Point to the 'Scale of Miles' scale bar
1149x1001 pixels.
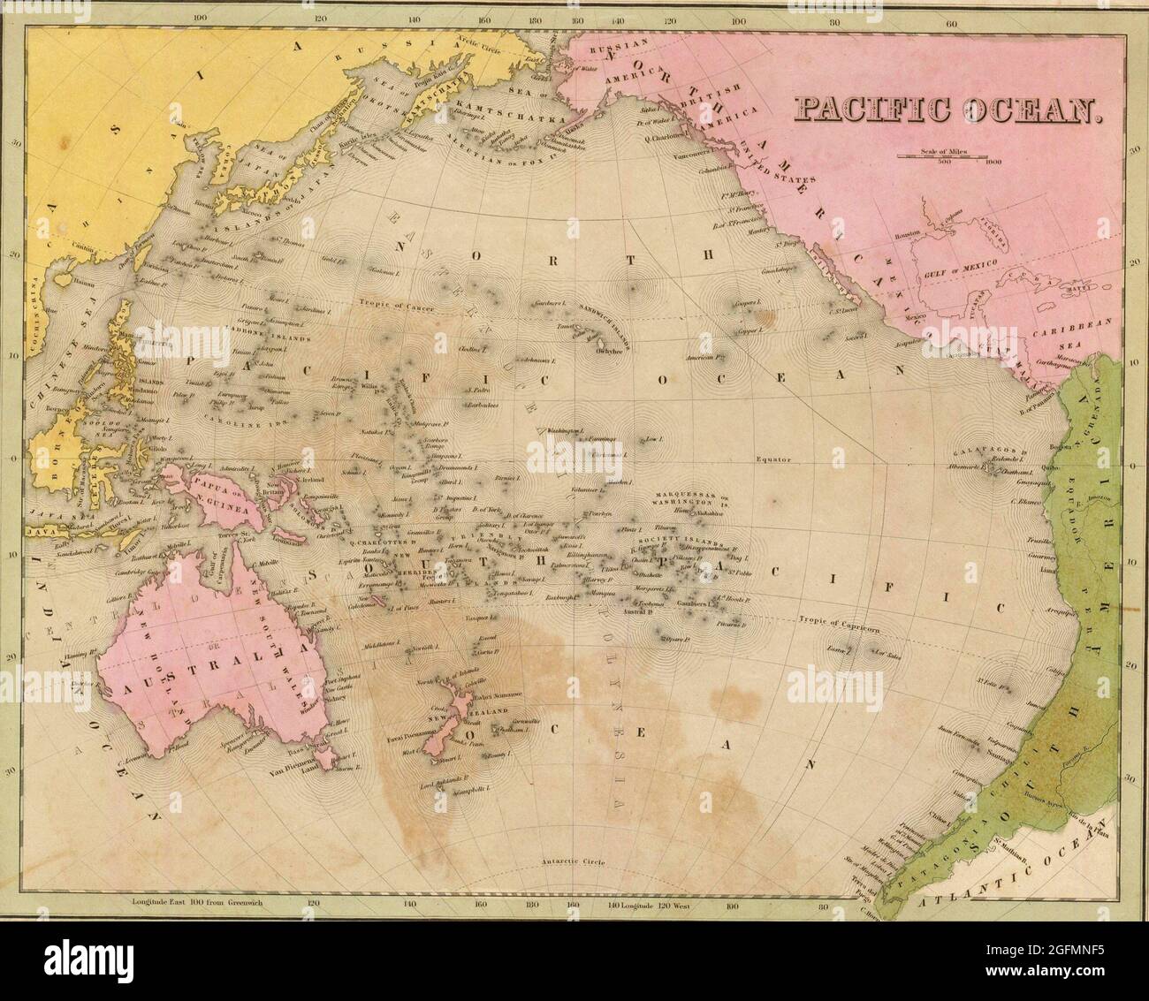click(942, 155)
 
